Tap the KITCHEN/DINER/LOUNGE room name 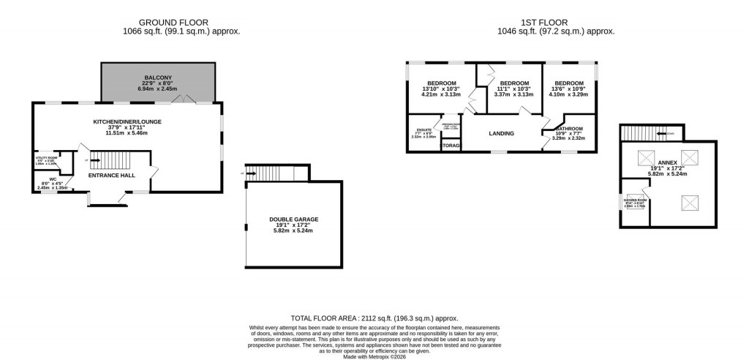click(127, 121)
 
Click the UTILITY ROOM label click(46, 157)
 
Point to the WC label click(52, 178)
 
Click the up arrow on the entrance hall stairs click(92, 160)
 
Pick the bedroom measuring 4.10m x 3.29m click(568, 94)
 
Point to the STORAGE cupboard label click(451, 146)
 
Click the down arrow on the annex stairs click(660, 133)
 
